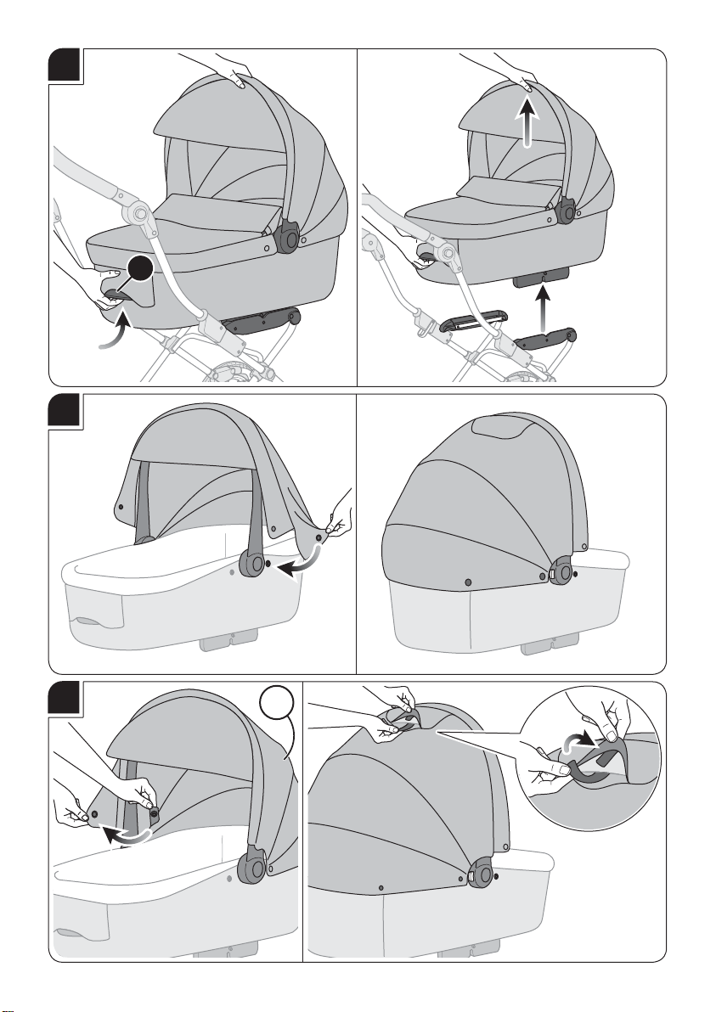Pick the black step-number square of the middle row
coord(65,410)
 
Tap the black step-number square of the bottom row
coord(65,698)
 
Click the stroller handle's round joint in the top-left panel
coord(138,211)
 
